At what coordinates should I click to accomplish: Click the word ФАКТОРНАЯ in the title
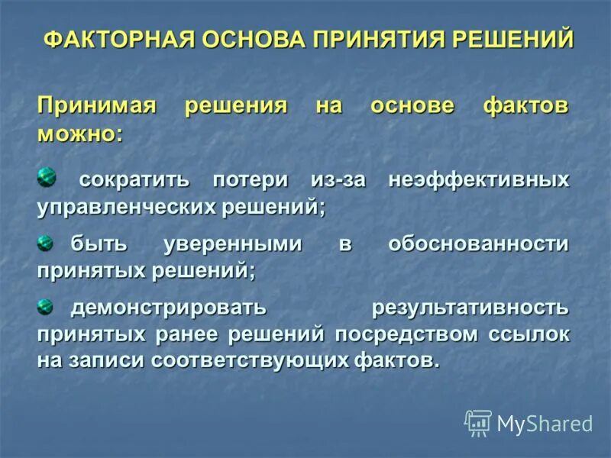tap(118, 39)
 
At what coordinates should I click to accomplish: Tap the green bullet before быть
tap(47, 243)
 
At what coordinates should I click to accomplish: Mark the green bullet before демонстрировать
tap(47, 307)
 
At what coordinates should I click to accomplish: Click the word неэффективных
tap(479, 181)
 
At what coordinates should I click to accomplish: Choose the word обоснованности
tap(479, 245)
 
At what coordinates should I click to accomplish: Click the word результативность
tap(470, 309)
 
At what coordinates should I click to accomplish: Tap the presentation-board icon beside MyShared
tap(478, 423)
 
